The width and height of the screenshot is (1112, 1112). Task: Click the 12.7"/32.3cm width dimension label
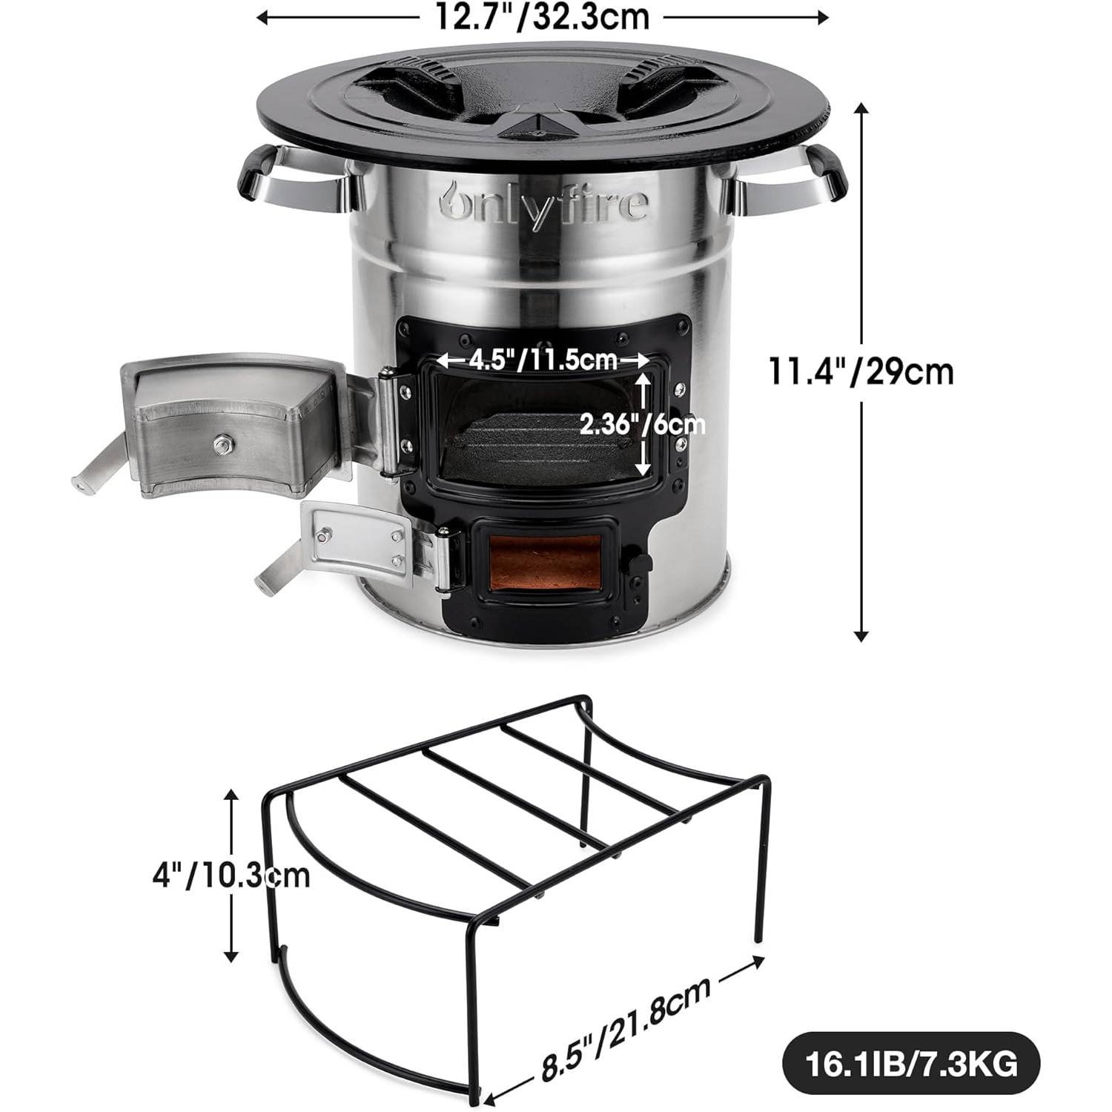click(541, 16)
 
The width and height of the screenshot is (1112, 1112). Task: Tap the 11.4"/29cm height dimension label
click(860, 371)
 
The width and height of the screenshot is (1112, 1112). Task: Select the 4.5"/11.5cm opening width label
click(543, 360)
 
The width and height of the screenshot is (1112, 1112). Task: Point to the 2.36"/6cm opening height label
click(642, 425)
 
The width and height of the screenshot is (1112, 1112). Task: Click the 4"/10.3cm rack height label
click(231, 876)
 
